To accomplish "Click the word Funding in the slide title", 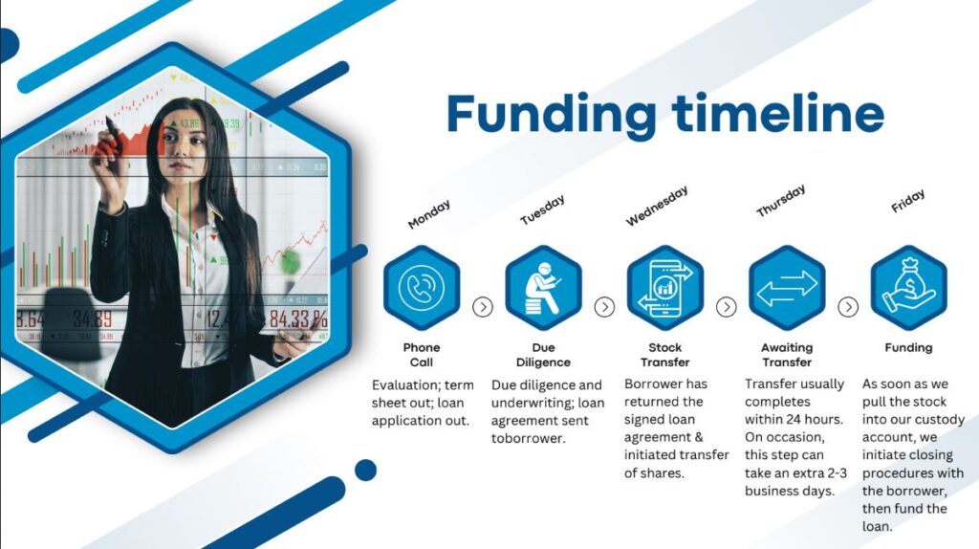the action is pos(552,116).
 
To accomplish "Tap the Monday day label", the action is pos(429,214).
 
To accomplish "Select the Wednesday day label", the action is pos(657,206).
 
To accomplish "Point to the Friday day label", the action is pos(908,201).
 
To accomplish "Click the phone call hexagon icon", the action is pos(422,287).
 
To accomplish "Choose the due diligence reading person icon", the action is pos(543,287).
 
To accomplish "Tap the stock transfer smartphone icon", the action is pos(665,287).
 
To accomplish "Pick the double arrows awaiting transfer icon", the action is pos(787,287).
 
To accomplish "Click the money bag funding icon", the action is pos(908,287).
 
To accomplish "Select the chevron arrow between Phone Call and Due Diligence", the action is pos(483,307).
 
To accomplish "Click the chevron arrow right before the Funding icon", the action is pos(848,307).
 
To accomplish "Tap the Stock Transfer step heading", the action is pos(665,355).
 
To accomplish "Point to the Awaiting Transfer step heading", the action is pos(787,355).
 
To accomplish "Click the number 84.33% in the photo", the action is pos(298,319).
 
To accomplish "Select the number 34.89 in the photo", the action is pos(93,318).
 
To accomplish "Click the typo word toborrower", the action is pos(528,438).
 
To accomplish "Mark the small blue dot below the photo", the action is pos(365,471).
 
